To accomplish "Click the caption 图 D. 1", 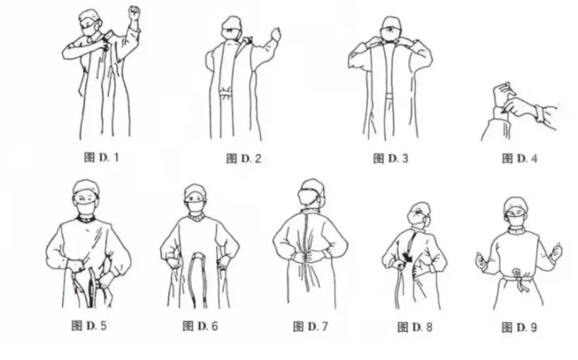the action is pyautogui.click(x=101, y=157).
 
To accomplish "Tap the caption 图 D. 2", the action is pyautogui.click(x=243, y=158).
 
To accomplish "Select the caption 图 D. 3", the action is pyautogui.click(x=391, y=158).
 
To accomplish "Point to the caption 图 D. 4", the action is pyautogui.click(x=520, y=158).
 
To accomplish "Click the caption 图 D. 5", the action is pyautogui.click(x=89, y=326).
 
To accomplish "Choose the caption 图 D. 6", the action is pyautogui.click(x=200, y=326).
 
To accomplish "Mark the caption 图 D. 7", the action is pyautogui.click(x=311, y=327).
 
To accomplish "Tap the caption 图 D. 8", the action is pyautogui.click(x=415, y=327).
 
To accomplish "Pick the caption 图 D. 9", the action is pyautogui.click(x=519, y=327).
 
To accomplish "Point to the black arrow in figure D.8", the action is pyautogui.click(x=408, y=257).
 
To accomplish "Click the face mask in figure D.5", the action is pyautogui.click(x=86, y=207).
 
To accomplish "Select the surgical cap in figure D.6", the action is pyautogui.click(x=195, y=191).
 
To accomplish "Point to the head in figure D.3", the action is pyautogui.click(x=391, y=30).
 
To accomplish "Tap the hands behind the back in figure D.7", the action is pyautogui.click(x=310, y=256).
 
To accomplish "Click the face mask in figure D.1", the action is pyautogui.click(x=90, y=30).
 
